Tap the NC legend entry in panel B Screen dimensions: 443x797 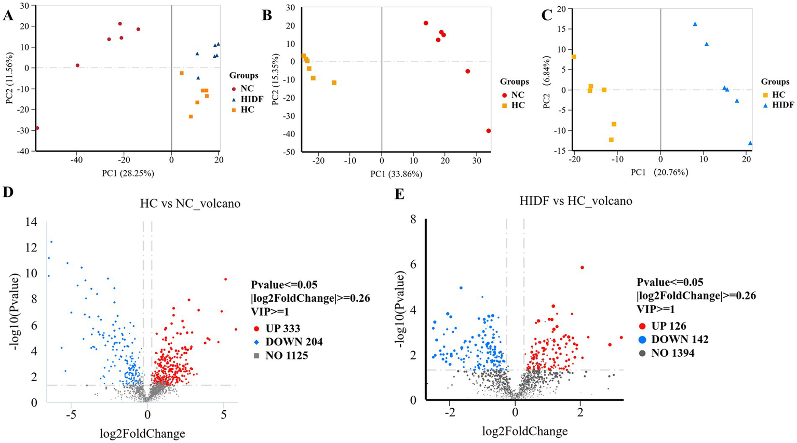point(517,95)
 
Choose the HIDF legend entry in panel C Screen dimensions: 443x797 point(783,105)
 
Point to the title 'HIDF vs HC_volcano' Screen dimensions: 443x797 point(576,201)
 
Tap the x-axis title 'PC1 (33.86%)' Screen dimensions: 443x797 point(396,174)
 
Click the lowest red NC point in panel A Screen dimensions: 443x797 point(37,128)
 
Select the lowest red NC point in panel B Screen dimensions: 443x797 point(489,131)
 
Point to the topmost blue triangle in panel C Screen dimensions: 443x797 point(695,24)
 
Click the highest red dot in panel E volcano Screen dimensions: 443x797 point(582,267)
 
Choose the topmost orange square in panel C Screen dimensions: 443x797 point(574,57)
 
